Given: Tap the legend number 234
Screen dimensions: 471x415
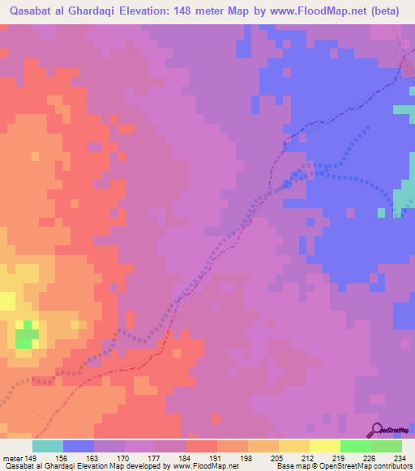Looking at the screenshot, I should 396,457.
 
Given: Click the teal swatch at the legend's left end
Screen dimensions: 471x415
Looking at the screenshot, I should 48,446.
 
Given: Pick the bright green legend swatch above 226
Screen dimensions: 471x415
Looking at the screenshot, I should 356,446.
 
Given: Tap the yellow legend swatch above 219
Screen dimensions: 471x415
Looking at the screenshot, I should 325,446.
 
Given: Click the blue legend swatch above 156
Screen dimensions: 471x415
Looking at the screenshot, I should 79,446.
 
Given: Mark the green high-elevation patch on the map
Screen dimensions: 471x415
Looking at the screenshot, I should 28,333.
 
